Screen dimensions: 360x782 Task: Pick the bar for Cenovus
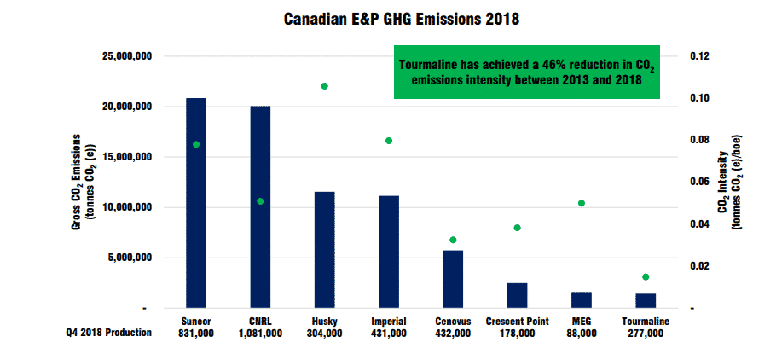(453, 278)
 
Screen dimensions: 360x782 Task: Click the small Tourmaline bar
(646, 300)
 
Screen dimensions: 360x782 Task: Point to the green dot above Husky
(324, 86)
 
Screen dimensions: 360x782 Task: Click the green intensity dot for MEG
(582, 203)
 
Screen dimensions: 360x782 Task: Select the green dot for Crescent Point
(517, 228)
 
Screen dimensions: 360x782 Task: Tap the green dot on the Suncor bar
(196, 144)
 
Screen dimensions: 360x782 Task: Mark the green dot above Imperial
(389, 141)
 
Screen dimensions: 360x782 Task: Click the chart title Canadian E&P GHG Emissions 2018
(391, 17)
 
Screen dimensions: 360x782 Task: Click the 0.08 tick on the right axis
(699, 140)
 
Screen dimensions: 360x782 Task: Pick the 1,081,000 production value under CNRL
(260, 334)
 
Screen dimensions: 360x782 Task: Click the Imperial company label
(389, 322)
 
